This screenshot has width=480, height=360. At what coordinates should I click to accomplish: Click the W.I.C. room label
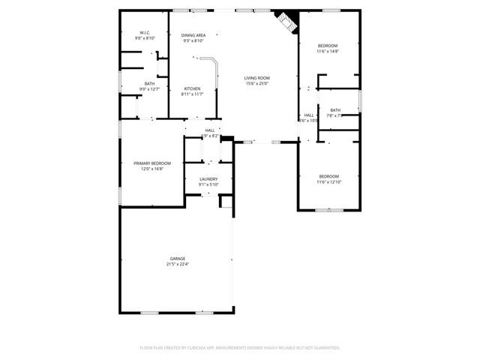[145, 33]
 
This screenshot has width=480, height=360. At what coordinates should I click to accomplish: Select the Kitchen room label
[192, 88]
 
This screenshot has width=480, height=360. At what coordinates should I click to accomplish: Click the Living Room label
[257, 78]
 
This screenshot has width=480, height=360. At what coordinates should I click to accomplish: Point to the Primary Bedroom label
[151, 163]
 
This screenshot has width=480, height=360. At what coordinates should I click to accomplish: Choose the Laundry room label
[208, 178]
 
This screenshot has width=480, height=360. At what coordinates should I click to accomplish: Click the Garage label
[177, 259]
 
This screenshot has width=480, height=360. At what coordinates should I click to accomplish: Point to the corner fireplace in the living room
[286, 20]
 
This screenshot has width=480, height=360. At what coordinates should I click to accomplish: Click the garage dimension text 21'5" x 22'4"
[177, 264]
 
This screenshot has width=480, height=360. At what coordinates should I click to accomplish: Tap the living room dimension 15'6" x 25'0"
[257, 83]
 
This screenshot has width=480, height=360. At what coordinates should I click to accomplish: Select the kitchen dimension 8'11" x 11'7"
[192, 94]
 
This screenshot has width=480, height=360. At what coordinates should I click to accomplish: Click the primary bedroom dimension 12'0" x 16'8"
[151, 169]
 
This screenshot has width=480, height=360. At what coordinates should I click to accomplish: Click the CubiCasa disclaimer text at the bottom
[240, 348]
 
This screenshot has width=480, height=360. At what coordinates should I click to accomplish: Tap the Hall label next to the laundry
[209, 130]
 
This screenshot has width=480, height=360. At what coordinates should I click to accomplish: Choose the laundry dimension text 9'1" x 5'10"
[208, 184]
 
